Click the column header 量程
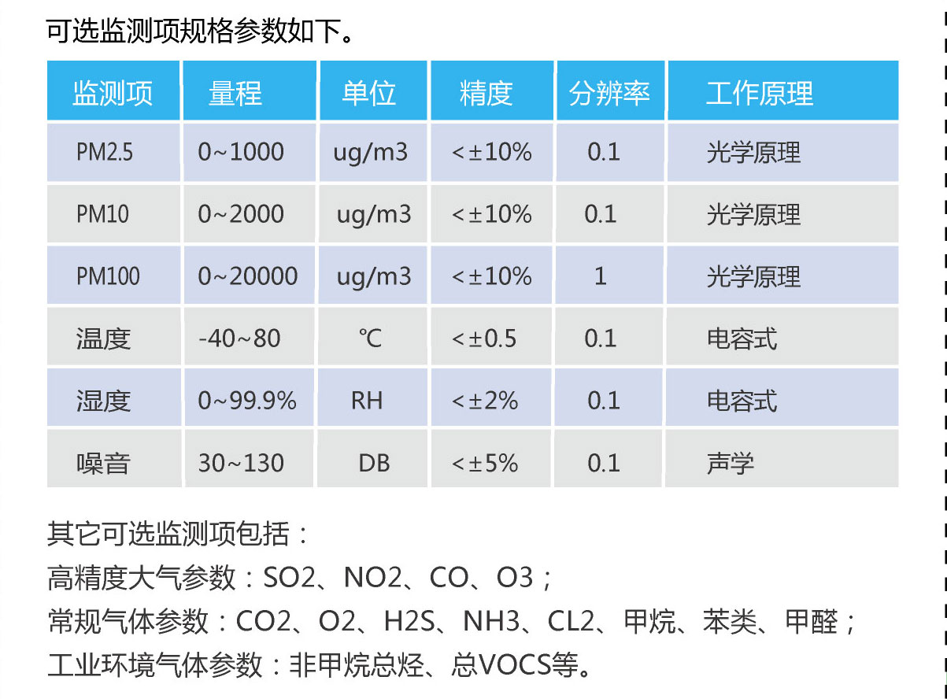coord(235,93)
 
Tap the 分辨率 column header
coord(609,93)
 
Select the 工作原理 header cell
coord(759,93)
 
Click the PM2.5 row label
coord(105,152)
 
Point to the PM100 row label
coord(108,276)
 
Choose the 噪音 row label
coord(103,463)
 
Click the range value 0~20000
coord(248,276)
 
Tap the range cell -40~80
coord(239,338)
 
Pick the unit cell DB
coord(374,463)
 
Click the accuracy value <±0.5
coord(484,338)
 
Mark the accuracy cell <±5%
coord(485,463)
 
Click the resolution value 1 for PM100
coord(601,276)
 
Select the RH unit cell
coord(367,401)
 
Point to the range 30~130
coord(241,463)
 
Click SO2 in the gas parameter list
coord(289,579)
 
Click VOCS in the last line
coord(514,665)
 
